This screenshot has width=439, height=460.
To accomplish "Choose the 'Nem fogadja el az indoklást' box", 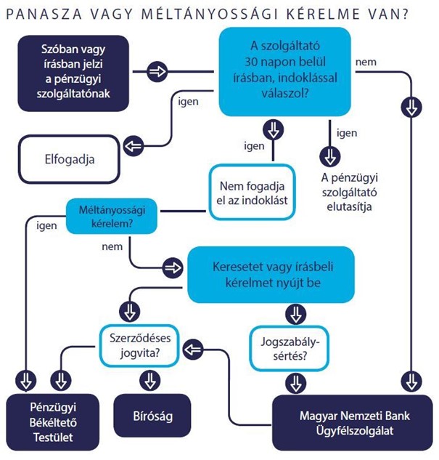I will [x=253, y=192].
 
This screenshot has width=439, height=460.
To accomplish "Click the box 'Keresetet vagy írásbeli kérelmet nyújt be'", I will [x=271, y=274].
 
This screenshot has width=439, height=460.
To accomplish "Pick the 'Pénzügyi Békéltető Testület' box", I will [x=51, y=421].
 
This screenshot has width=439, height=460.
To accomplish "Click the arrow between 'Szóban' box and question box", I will [x=157, y=71].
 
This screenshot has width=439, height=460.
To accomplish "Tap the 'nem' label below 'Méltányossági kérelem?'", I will [x=110, y=247].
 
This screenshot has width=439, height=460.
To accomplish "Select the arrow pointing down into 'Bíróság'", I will [x=149, y=380].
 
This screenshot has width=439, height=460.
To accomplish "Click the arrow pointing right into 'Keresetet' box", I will [x=173, y=267].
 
